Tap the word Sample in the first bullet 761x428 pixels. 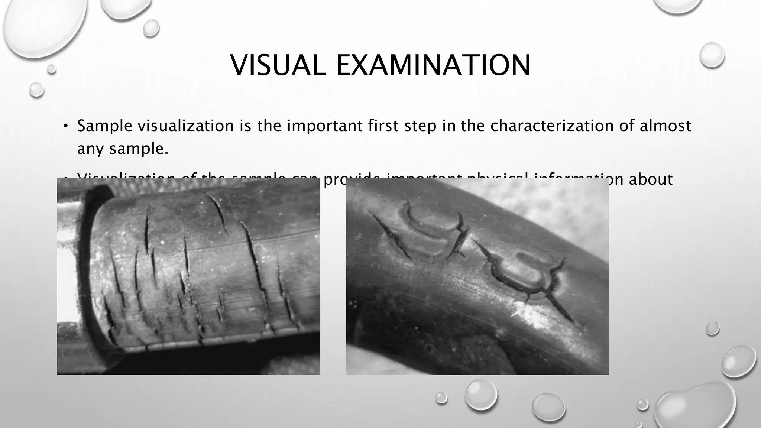[x=104, y=126]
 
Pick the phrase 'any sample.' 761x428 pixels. [x=123, y=149]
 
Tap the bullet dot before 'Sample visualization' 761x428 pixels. [x=65, y=127]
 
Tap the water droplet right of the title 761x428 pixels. [x=712, y=55]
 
